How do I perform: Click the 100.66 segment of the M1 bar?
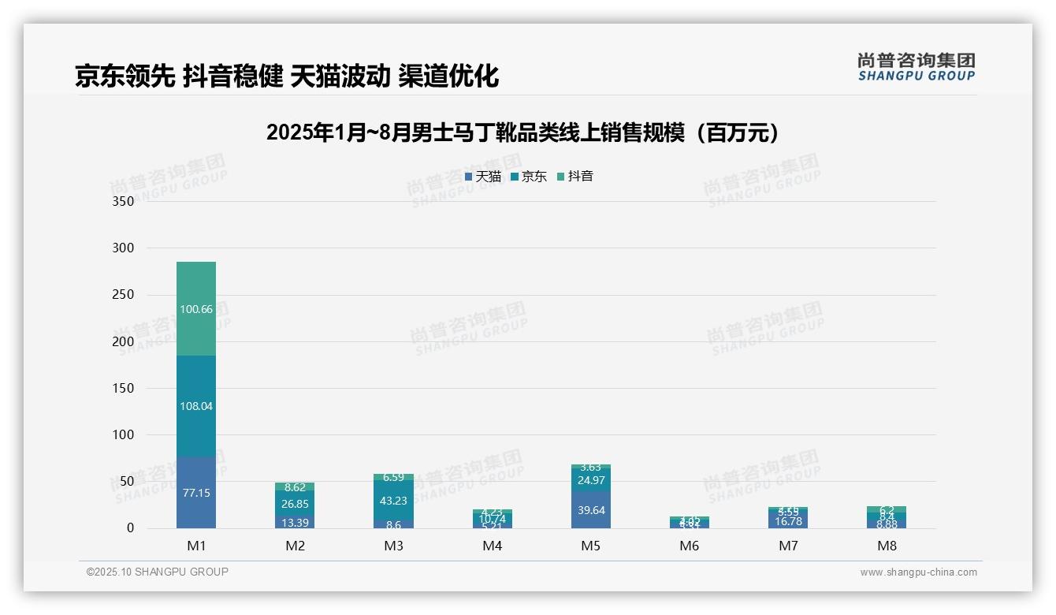tap(196, 309)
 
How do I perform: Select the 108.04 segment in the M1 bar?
tap(196, 406)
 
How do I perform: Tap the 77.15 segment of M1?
tap(196, 493)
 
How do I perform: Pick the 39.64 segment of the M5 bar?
tap(591, 510)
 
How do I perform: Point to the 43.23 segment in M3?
tap(393, 501)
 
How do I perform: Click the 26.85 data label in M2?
tap(295, 503)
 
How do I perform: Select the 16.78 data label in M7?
tap(788, 521)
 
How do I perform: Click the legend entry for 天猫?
tap(483, 177)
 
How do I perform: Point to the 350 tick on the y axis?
tap(124, 201)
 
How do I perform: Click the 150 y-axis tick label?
tap(124, 388)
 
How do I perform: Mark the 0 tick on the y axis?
tap(130, 528)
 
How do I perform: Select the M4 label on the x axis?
tap(493, 546)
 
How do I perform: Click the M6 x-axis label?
tap(690, 546)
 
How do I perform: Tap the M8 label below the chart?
tap(887, 546)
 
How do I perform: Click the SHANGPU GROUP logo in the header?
tap(916, 67)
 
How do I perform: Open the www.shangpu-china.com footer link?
tap(918, 572)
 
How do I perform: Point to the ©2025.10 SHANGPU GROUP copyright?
tap(158, 572)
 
